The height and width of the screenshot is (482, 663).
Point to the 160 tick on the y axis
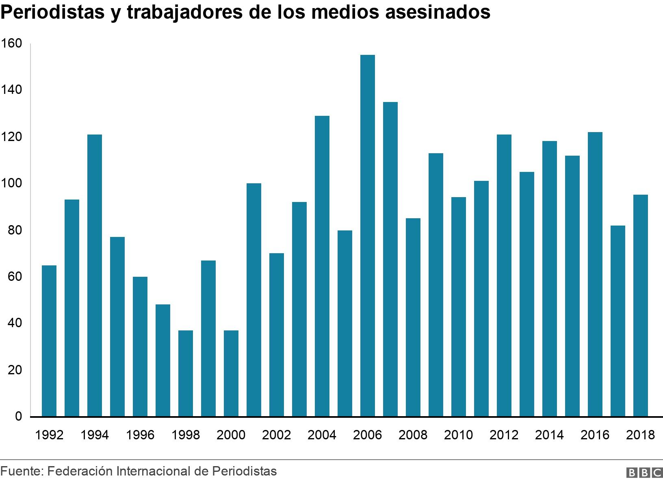[12, 43]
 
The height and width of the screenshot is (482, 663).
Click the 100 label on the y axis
[12, 183]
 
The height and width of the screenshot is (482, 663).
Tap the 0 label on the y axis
[18, 417]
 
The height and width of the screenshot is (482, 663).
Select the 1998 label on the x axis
[186, 435]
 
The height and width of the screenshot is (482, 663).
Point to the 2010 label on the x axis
[458, 435]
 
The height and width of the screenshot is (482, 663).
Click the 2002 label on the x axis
[277, 435]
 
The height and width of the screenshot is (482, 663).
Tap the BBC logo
[644, 473]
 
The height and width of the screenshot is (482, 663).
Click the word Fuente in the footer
[20, 471]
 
